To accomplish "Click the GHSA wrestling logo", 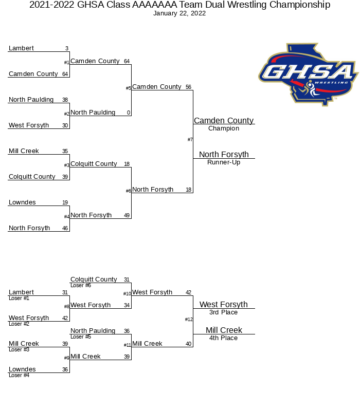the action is tap(309, 74).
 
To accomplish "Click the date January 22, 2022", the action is tap(179, 13).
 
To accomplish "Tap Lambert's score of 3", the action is tap(67, 48).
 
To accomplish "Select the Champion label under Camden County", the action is tap(224, 128).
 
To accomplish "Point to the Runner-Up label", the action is tap(224, 162).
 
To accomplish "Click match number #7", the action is tap(190, 140).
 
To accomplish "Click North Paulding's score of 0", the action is tap(129, 113).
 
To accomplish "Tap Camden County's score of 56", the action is tap(189, 87).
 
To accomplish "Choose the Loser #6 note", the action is tap(81, 286).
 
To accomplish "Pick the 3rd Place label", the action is tap(224, 312).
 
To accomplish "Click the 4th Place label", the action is tap(224, 338).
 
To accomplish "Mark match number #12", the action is tap(189, 319).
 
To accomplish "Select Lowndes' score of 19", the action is tap(65, 202).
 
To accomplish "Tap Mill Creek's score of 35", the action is tap(65, 151).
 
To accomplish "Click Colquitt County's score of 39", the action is tap(65, 177).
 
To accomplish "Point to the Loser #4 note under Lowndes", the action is tap(19, 376).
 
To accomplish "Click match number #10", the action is tap(127, 293).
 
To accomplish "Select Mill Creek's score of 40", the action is tap(189, 344).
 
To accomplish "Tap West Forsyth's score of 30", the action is tap(65, 125).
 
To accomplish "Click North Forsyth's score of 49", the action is tap(127, 215).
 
